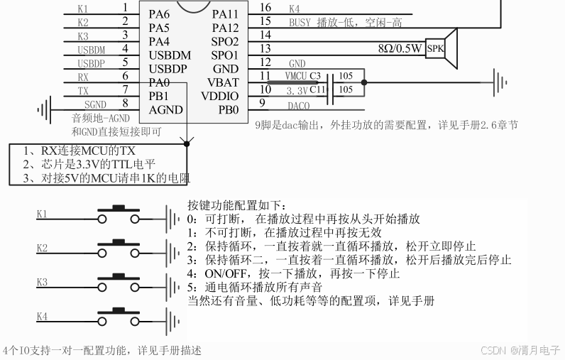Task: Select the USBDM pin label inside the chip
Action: [170, 55]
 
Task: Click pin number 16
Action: [265, 8]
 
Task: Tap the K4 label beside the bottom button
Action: [42, 316]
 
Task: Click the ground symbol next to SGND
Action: [45, 109]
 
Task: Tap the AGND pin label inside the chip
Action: [165, 109]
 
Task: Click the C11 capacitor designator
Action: [317, 89]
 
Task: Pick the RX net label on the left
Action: [83, 76]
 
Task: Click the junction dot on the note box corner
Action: [186, 143]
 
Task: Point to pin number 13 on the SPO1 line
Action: [265, 49]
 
